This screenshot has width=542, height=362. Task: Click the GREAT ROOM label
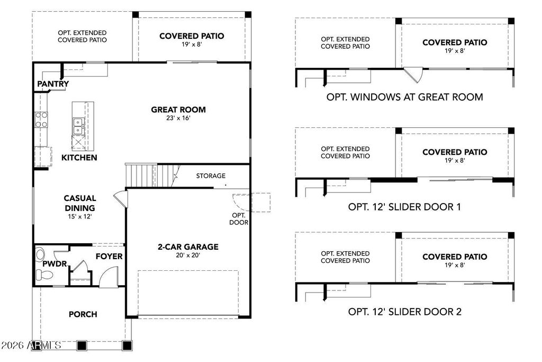[178, 110]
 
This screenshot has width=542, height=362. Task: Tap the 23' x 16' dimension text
[178, 119]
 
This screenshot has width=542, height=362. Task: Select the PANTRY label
[53, 84]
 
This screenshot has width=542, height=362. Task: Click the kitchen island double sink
[77, 126]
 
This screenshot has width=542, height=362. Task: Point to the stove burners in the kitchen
[41, 119]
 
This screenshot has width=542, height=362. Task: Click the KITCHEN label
[79, 157]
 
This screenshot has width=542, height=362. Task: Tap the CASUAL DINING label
[80, 203]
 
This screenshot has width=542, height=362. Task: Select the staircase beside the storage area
[141, 174]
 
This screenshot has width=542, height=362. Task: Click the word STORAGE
[211, 175]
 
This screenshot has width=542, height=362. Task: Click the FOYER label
[109, 257]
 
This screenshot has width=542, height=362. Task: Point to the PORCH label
[83, 314]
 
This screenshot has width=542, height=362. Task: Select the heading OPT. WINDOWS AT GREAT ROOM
[404, 97]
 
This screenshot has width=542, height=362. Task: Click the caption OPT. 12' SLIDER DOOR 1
[404, 207]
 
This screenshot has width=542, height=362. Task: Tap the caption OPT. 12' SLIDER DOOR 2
[404, 312]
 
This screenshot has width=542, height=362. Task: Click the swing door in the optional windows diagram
[413, 74]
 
